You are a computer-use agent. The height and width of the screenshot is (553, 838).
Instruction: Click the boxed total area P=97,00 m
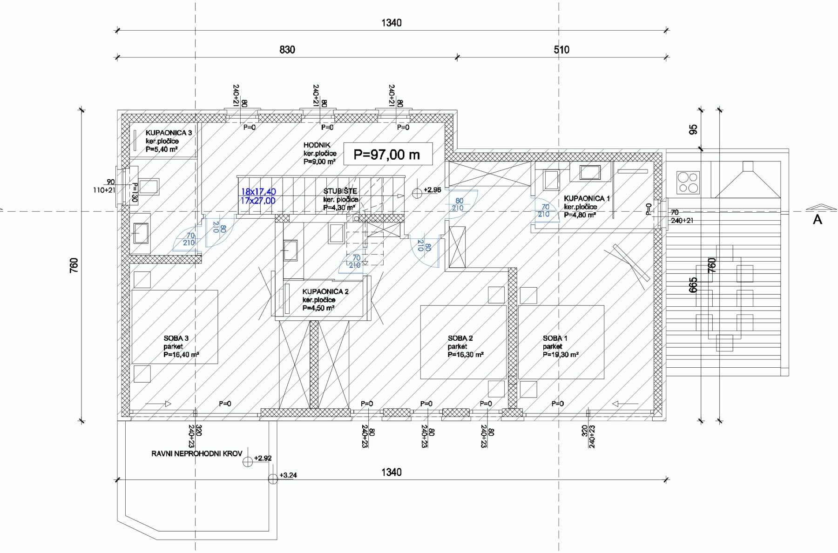[387, 154]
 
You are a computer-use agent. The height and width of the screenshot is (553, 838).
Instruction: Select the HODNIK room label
[317, 145]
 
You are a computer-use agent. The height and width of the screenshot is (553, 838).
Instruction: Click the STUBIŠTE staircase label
[340, 191]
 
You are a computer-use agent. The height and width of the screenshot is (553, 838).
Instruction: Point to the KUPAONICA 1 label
[587, 199]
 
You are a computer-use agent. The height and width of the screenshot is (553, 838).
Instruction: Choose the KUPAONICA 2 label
[325, 292]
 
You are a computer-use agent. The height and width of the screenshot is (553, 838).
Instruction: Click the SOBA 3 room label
[176, 338]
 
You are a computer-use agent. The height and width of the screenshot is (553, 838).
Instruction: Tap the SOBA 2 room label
[460, 338]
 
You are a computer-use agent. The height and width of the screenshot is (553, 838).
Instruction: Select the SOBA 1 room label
[555, 338]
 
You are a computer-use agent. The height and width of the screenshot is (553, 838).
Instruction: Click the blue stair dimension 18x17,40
[258, 191]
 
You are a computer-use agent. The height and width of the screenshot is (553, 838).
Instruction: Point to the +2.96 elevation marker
[432, 190]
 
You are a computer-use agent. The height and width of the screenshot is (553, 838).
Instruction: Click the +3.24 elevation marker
[288, 476]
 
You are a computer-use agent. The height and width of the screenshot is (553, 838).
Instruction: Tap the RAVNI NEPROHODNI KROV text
[196, 453]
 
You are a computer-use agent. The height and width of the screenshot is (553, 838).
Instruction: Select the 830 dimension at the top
[287, 50]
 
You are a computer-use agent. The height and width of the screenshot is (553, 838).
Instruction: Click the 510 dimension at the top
[561, 50]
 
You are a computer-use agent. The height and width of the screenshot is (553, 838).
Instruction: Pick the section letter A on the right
[818, 220]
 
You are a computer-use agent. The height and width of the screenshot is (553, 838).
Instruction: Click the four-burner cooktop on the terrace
[688, 182]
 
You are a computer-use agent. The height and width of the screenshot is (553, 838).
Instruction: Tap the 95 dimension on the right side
[693, 129]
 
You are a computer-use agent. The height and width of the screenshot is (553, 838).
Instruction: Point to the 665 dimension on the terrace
[693, 285]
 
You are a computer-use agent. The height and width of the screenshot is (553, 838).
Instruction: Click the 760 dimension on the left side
[74, 265]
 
